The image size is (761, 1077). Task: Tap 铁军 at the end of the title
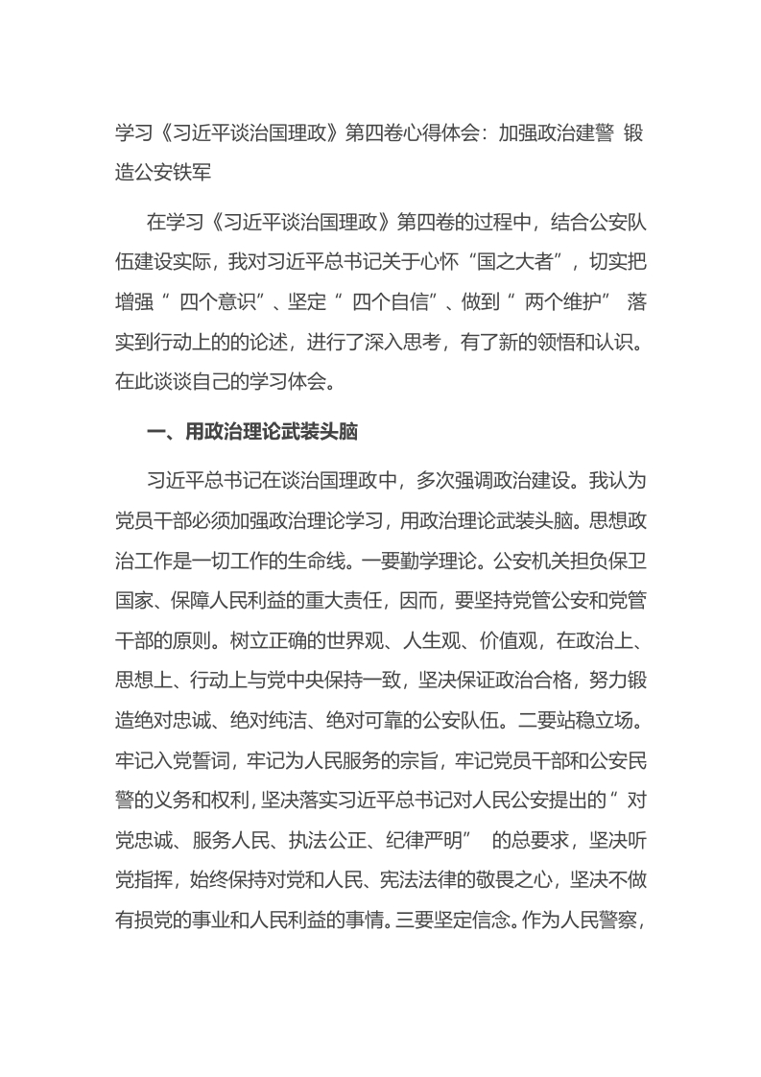230,175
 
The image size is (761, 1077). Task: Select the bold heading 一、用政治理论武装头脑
252,434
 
